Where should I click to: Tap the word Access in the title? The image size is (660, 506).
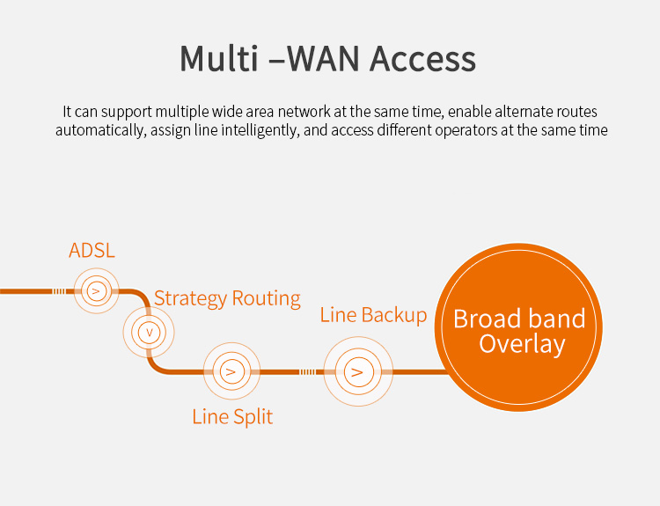(x=422, y=58)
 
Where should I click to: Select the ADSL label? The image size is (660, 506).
(x=92, y=251)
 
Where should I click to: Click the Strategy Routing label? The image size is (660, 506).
(x=227, y=298)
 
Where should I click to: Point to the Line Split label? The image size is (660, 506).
(x=232, y=416)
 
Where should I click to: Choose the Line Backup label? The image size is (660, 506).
(x=373, y=315)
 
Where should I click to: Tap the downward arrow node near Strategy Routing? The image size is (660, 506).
(x=149, y=333)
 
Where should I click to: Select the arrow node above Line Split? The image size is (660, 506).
(x=231, y=371)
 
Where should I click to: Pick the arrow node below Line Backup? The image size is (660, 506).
(x=356, y=371)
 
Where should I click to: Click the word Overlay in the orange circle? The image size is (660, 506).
(x=522, y=343)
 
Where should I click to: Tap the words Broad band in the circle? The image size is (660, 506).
(x=519, y=318)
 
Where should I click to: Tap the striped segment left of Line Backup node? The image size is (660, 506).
(x=307, y=371)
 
